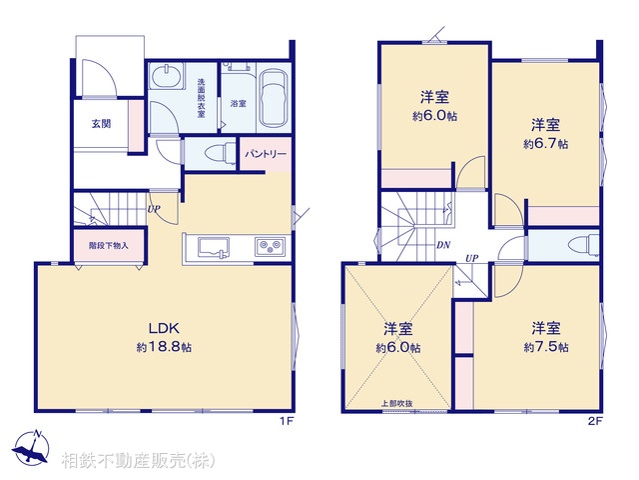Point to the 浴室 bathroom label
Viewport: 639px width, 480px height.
pyautogui.click(x=238, y=104)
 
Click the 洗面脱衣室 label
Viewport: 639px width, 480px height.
pyautogui.click(x=202, y=99)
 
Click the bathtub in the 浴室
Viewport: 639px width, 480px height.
pyautogui.click(x=272, y=98)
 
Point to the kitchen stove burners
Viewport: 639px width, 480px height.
pyautogui.click(x=270, y=246)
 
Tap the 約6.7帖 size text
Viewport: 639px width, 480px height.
pyautogui.click(x=545, y=144)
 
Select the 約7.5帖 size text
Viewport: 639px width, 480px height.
pyautogui.click(x=545, y=347)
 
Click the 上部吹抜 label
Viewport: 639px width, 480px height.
pyautogui.click(x=396, y=404)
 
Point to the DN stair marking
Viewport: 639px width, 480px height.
pyautogui.click(x=442, y=244)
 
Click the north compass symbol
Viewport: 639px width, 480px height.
pyautogui.click(x=32, y=448)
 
